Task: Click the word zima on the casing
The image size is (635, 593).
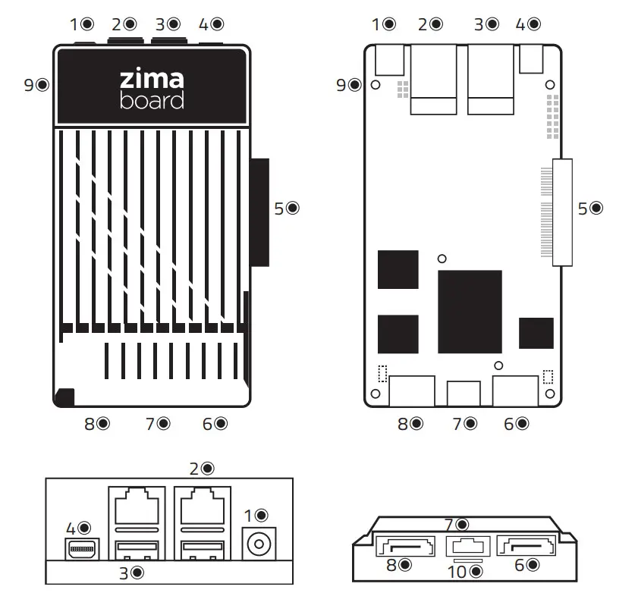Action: [152, 80]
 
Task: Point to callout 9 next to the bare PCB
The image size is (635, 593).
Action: [348, 85]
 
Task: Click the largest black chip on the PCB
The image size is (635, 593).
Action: [470, 311]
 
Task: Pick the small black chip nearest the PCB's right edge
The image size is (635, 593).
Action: [536, 334]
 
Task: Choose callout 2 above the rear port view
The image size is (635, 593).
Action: [200, 469]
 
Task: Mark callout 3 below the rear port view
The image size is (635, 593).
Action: [131, 572]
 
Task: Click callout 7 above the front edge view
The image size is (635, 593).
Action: [457, 523]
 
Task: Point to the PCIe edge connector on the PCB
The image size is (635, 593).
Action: [562, 212]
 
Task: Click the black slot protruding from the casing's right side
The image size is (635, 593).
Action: [259, 212]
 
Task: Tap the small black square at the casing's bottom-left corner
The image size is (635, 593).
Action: [65, 397]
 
